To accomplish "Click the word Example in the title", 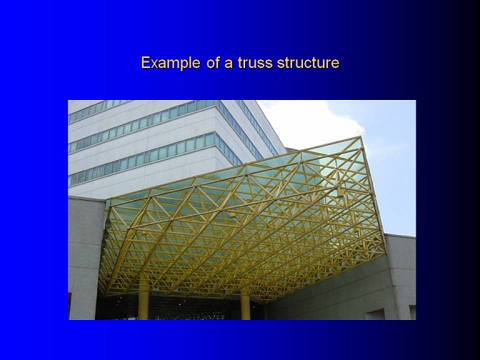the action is (x=171, y=63).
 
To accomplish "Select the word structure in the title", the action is (x=309, y=63).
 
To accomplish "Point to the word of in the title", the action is (x=213, y=63).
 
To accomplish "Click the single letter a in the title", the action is (x=229, y=64).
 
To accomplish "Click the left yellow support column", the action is (x=144, y=303).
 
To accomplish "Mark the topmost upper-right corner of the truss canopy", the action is (x=360, y=137).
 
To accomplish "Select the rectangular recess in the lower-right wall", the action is (x=375, y=314).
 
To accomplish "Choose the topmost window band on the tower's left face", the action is (x=98, y=111).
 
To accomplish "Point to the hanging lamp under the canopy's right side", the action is (x=340, y=191).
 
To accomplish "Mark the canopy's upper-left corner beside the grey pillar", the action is (x=109, y=204).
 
